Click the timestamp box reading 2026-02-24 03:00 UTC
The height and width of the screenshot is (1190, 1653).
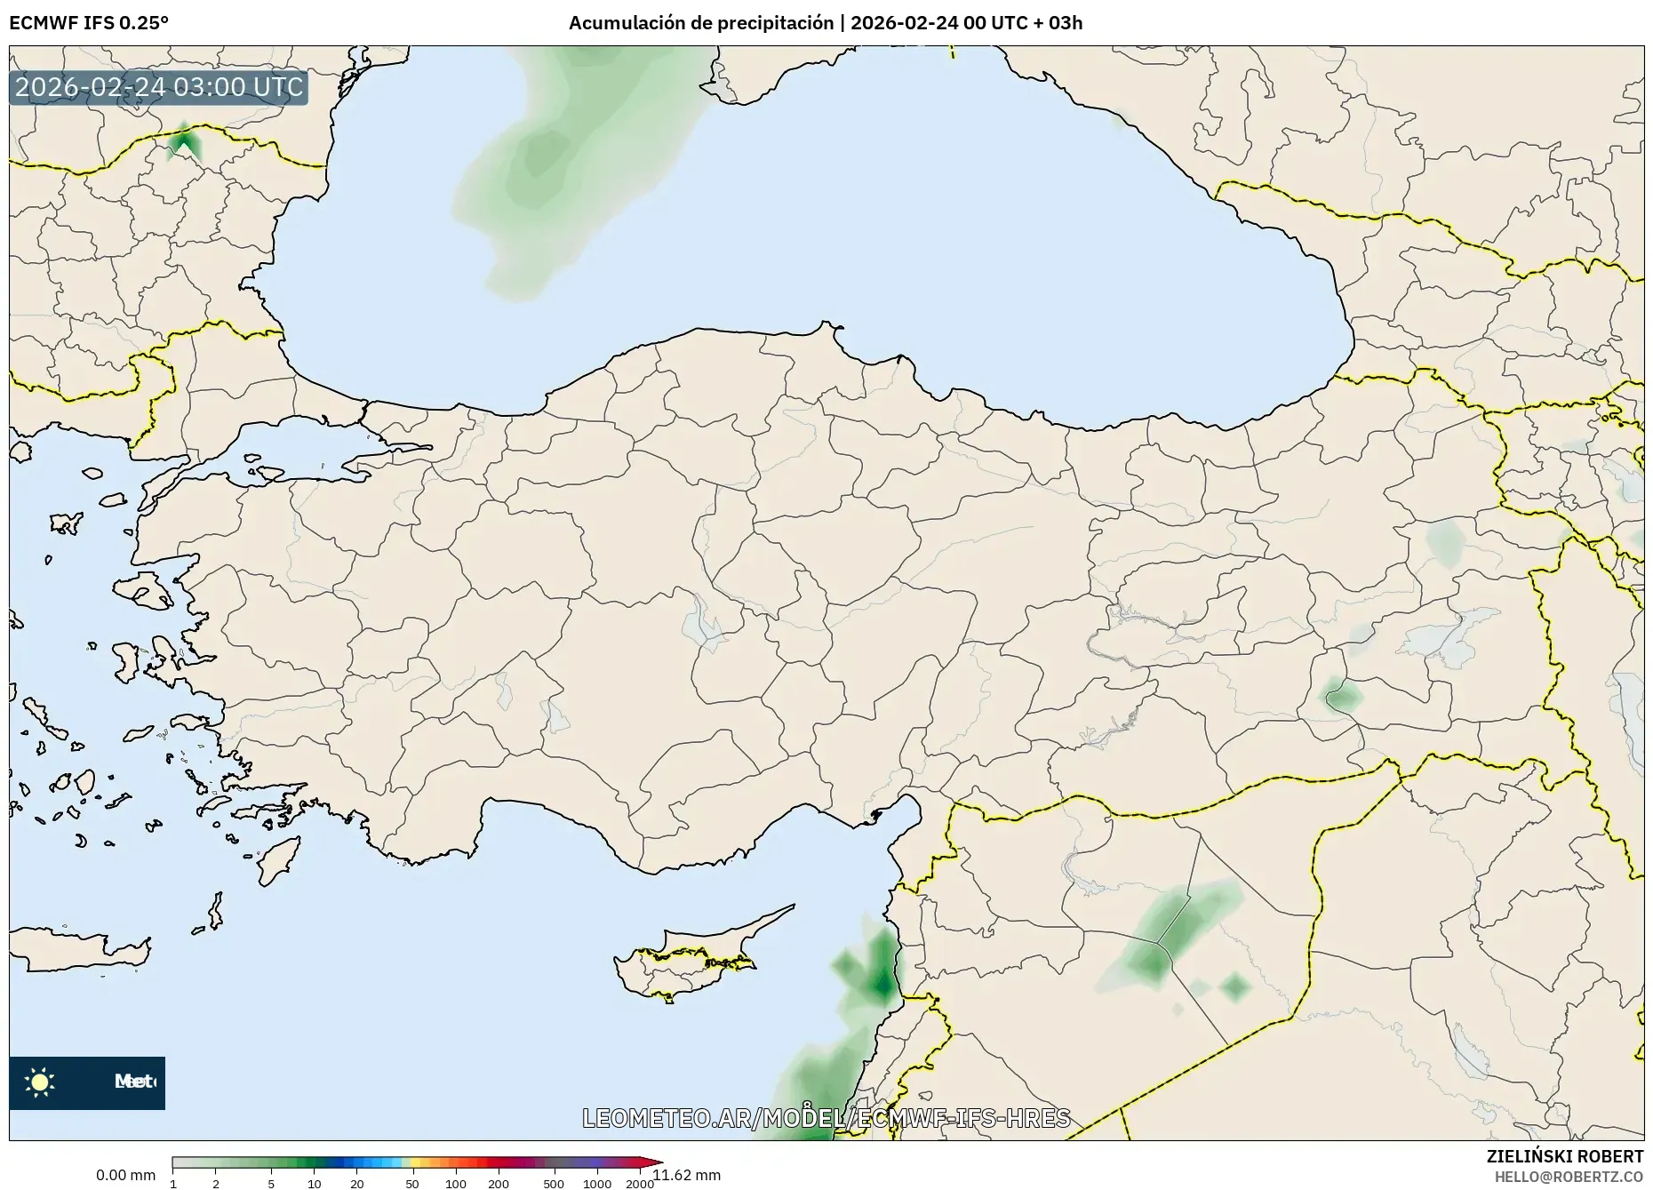[x=159, y=87]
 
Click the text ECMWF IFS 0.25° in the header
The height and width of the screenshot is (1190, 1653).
[x=89, y=22]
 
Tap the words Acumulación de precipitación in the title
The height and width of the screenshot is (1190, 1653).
[x=701, y=22]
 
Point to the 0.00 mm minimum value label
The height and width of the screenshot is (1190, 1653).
[x=125, y=1175]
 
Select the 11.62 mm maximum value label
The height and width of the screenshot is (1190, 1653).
[x=688, y=1175]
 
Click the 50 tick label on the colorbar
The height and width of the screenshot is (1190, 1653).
[x=412, y=1183]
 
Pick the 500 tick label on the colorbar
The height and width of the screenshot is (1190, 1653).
[x=554, y=1183]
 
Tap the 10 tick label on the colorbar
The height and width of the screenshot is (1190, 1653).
[x=315, y=1183]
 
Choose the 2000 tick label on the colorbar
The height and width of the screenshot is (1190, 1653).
[x=640, y=1183]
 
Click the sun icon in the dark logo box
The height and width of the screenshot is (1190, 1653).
[x=40, y=1082]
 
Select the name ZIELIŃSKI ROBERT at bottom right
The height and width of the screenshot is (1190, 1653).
[x=1565, y=1156]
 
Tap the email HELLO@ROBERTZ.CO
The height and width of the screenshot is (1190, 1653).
[x=1569, y=1177]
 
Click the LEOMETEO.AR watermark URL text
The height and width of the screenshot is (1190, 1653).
[x=826, y=1117]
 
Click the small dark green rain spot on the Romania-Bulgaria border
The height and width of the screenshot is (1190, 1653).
[x=184, y=142]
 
